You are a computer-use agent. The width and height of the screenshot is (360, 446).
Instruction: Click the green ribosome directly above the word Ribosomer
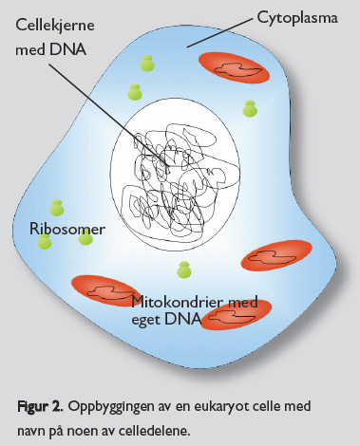click(57, 208)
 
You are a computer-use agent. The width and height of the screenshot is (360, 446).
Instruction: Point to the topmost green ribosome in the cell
click(146, 64)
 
